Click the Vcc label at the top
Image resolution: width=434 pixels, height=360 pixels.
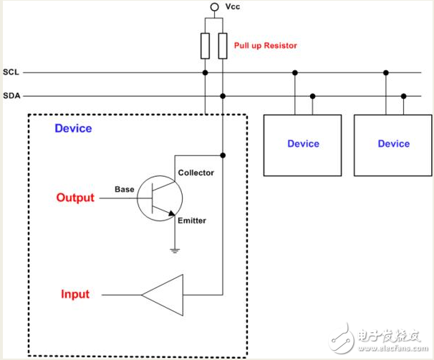234,7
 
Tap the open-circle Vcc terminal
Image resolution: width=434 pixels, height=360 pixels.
214,7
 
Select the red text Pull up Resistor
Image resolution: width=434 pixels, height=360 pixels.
265,46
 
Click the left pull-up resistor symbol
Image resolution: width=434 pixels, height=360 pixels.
206,45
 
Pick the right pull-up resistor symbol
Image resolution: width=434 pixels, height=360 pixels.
223,45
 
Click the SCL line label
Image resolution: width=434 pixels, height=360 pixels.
11,73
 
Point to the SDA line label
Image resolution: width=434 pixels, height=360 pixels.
11,96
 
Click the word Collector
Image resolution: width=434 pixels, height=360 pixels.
195,172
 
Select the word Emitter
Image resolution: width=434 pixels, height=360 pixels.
192,220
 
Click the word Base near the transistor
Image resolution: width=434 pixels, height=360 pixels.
125,190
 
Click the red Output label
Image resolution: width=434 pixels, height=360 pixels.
75,198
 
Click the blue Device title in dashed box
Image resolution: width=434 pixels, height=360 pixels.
73,129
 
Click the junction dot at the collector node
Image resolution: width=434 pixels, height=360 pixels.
223,155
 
